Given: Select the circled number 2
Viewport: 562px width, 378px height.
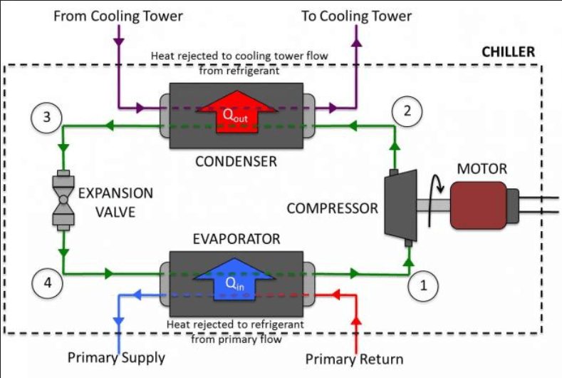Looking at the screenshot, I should [x=407, y=111].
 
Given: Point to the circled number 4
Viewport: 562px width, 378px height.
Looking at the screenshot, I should [x=47, y=283].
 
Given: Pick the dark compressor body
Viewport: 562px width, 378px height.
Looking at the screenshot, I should [x=400, y=207].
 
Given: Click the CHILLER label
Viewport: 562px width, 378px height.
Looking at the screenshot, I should [x=508, y=53].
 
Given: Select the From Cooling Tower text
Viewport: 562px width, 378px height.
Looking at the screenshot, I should [x=118, y=16].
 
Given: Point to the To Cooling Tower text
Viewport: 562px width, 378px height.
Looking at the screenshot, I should [x=356, y=16].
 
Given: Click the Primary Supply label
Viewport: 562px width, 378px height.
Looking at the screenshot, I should [x=116, y=357].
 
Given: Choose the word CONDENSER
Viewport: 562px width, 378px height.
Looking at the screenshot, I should [x=236, y=161].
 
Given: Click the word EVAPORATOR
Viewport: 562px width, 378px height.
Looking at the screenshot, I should [x=236, y=238].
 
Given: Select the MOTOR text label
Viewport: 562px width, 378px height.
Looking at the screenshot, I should [x=482, y=169].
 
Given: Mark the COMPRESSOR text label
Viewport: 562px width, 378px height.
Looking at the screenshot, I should [x=332, y=208].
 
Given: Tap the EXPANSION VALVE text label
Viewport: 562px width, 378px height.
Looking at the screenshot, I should [x=115, y=202].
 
